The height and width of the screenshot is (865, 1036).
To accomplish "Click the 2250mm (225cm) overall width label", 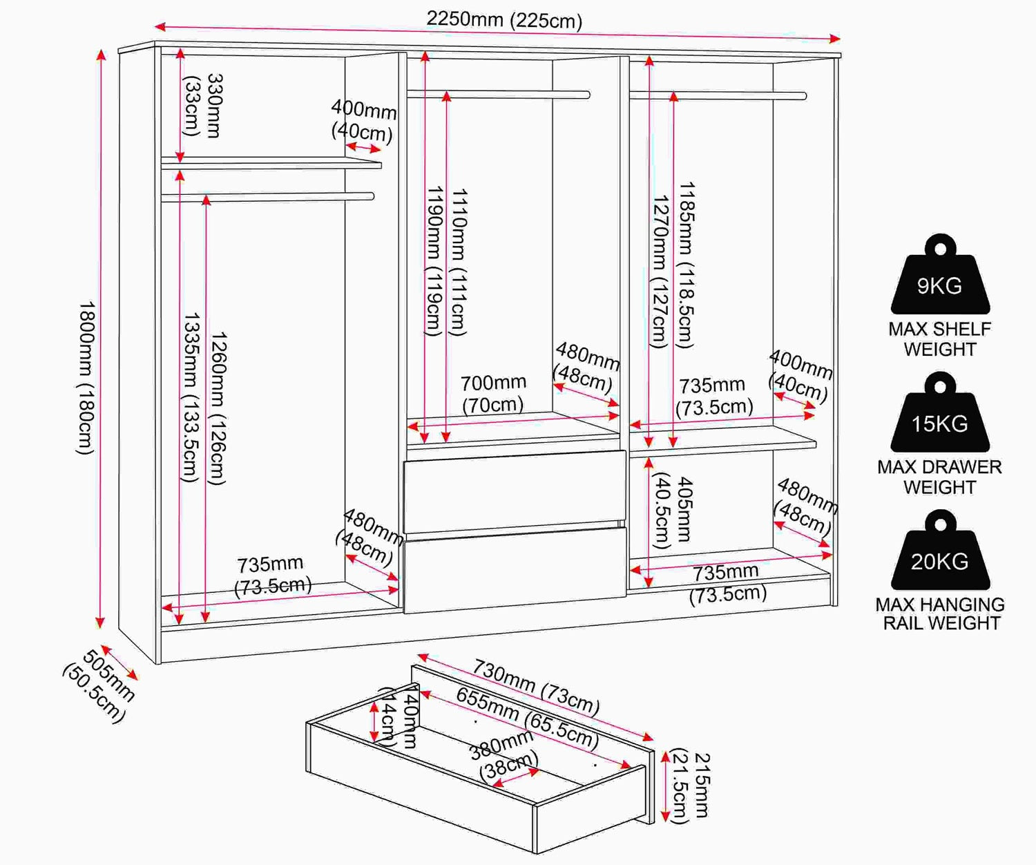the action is [504, 20].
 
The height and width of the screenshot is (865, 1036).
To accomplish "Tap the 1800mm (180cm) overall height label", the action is [86, 377].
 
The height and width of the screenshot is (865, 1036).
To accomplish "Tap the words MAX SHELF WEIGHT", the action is [940, 339].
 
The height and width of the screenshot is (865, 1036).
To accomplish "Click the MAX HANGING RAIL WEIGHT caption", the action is [940, 614].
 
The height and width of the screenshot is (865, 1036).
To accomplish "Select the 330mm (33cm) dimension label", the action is [204, 105].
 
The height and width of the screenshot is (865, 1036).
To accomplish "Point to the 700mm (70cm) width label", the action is [493, 394].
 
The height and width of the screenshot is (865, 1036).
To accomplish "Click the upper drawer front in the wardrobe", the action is [515, 491].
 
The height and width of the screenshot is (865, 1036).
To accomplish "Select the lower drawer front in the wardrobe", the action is [515, 571].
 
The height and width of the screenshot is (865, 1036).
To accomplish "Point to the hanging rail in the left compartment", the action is [268, 197].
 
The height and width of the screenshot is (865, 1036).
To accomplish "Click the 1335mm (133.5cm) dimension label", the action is [191, 397].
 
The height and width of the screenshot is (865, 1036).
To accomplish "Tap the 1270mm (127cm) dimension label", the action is [660, 272].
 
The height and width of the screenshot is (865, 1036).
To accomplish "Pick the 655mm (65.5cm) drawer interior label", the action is [528, 718].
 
